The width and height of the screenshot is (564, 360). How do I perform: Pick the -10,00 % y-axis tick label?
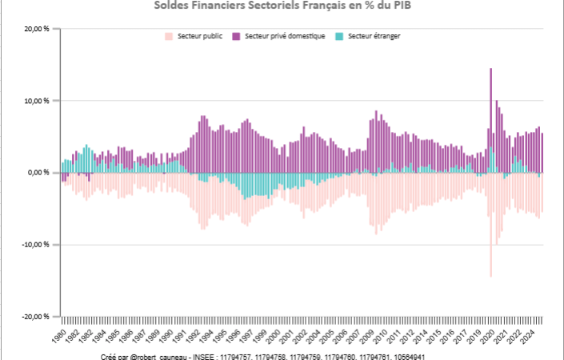[x=37, y=245]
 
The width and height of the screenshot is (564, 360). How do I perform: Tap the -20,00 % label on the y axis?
[x=37, y=317]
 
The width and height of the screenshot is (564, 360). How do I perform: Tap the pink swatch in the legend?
[x=169, y=37]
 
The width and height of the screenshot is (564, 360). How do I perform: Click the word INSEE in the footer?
[x=206, y=356]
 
